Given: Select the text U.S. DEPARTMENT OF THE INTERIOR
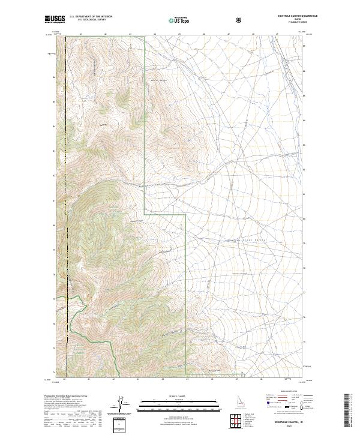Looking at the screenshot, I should tap(90, 17).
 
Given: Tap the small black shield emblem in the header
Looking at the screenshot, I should tap(239, 20).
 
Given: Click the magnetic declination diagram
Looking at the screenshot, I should tap(119, 403).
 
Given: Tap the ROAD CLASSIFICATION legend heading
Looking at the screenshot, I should tap(287, 395).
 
